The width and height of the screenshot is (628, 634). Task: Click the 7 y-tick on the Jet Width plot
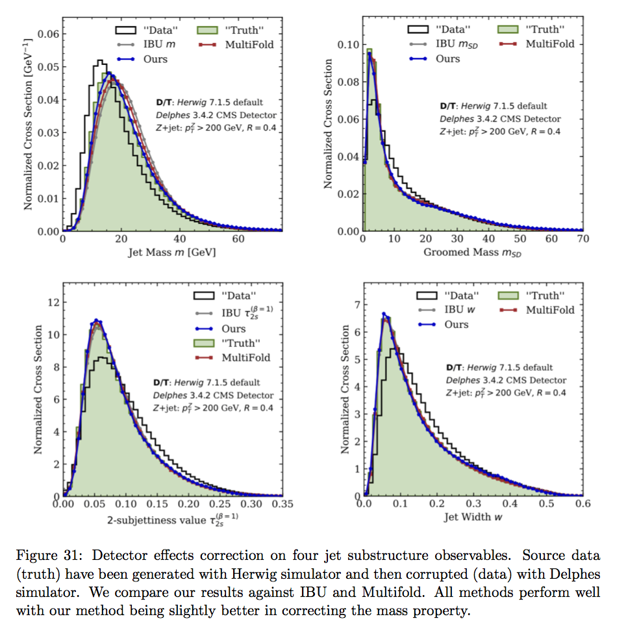[355, 304]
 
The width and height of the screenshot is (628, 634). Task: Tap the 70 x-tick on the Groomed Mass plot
[583, 239]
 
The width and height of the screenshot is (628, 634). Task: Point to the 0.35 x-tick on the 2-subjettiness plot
[281, 503]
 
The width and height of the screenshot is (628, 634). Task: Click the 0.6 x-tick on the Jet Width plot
[583, 503]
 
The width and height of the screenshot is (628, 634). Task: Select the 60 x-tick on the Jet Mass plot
[238, 239]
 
